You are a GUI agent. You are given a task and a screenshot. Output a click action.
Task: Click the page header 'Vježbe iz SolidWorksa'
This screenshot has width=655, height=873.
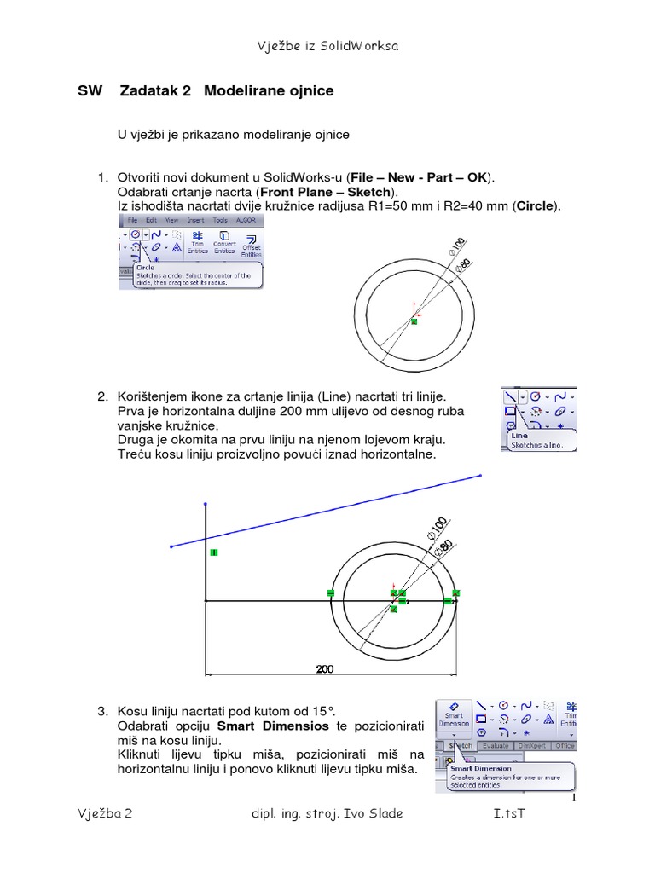click(x=327, y=46)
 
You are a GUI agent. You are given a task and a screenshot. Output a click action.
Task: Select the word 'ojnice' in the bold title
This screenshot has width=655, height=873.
click(x=311, y=91)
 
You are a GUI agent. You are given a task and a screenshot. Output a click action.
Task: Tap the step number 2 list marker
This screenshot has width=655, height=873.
click(x=102, y=397)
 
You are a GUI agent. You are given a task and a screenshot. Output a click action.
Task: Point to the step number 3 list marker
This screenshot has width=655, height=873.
click(x=102, y=710)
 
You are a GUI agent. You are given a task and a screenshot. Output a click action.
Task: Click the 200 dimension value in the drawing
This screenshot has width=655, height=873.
click(x=324, y=669)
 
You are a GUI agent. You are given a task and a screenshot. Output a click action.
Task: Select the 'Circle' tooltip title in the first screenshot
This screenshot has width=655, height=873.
click(x=146, y=267)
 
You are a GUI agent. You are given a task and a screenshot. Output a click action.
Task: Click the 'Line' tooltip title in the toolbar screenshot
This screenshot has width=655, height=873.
click(x=519, y=435)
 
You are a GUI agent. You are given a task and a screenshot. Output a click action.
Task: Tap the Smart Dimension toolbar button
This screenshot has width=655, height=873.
click(x=453, y=717)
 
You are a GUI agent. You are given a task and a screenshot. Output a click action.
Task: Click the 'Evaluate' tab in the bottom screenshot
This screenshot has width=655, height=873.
click(x=496, y=745)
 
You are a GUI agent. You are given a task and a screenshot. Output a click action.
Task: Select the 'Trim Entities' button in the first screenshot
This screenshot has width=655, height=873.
click(x=197, y=243)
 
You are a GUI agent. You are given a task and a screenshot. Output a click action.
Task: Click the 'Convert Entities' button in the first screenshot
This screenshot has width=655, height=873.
click(x=224, y=243)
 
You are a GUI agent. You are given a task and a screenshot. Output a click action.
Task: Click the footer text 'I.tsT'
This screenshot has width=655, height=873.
click(x=509, y=813)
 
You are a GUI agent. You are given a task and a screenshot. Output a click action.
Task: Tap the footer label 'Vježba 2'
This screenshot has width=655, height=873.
click(x=105, y=813)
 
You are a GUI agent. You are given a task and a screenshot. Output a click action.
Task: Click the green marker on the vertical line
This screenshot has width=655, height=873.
click(x=213, y=553)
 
